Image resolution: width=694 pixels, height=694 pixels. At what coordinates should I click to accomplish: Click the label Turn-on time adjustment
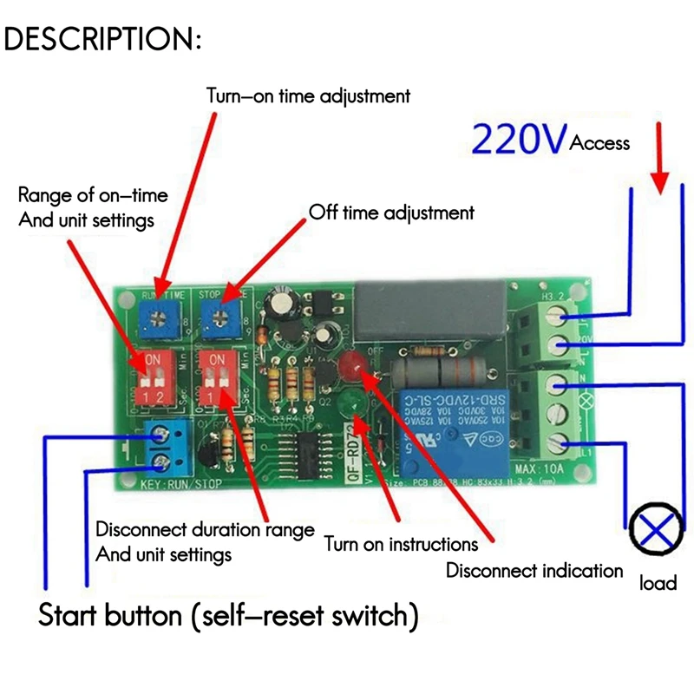coord(307,95)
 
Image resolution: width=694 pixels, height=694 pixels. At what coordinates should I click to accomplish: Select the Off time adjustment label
coord(391,212)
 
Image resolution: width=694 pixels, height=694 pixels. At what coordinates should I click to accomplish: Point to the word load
coord(658,583)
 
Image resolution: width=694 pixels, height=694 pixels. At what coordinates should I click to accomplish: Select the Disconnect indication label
coord(534,570)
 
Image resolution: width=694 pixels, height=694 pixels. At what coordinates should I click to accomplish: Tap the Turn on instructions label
coord(401,544)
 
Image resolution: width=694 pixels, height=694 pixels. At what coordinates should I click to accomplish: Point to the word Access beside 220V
coord(599,143)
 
